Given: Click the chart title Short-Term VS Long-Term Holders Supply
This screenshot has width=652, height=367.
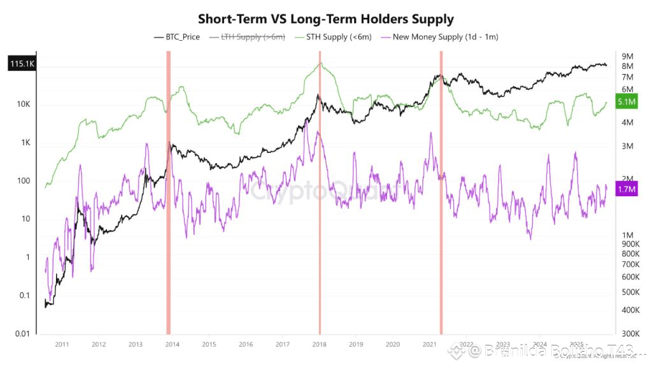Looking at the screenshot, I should pos(325,18).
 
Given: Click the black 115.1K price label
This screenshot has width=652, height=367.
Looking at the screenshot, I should pos(22,64).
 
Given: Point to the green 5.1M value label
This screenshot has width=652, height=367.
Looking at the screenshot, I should pos(628,103).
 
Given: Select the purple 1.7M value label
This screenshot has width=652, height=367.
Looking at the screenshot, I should pos(628,189).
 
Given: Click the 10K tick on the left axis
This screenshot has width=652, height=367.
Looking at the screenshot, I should pos(24,104).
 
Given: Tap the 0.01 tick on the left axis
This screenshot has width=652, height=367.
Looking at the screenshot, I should pos(22,334).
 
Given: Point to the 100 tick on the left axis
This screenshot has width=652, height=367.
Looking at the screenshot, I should pos(24,181).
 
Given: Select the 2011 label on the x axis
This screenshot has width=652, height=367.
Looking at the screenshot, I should pos(62,345).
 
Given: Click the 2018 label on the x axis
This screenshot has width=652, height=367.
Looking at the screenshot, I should pos(320,345).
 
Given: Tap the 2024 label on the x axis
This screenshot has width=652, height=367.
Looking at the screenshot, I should pos(540,345).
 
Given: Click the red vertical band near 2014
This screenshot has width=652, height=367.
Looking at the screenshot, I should pos(168,191).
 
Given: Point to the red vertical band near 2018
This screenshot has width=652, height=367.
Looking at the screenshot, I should pos(320,191).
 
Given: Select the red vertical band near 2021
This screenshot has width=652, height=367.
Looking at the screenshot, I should pos(441,191).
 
